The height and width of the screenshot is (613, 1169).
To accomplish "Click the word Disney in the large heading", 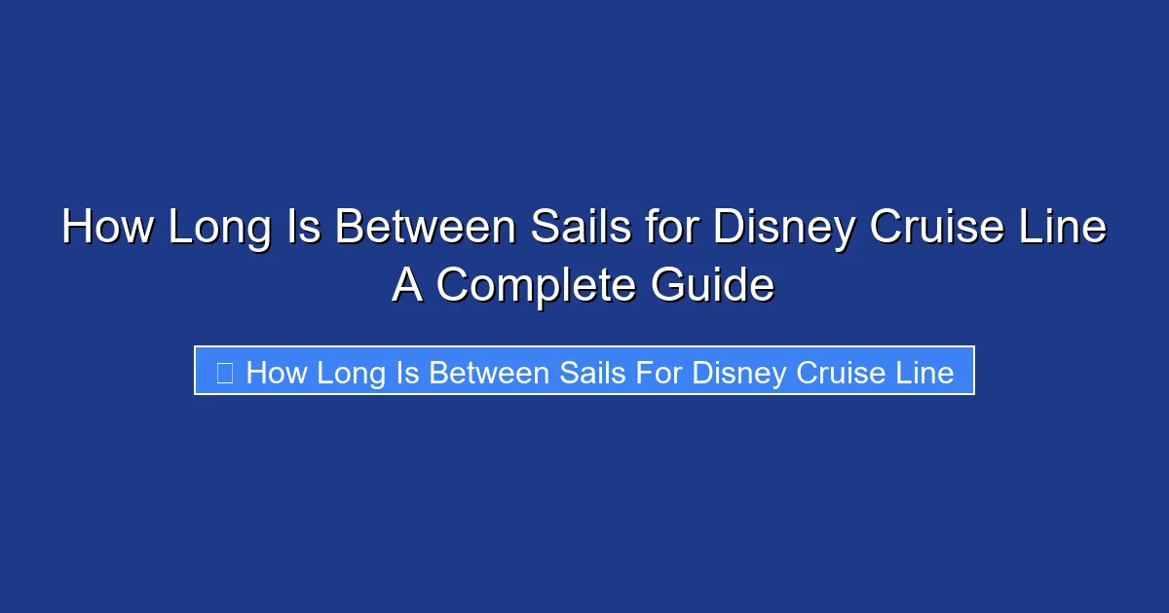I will pyautogui.click(x=784, y=229).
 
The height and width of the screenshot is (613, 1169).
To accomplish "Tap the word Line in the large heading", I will pyautogui.click(x=1070, y=229).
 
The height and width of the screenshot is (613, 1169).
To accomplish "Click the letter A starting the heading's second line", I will pyautogui.click(x=407, y=286).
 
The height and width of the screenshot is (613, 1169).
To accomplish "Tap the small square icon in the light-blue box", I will pyautogui.click(x=224, y=372).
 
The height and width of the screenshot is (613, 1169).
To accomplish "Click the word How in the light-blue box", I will pyautogui.click(x=276, y=372).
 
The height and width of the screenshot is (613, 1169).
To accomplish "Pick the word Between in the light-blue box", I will pyautogui.click(x=480, y=372).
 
